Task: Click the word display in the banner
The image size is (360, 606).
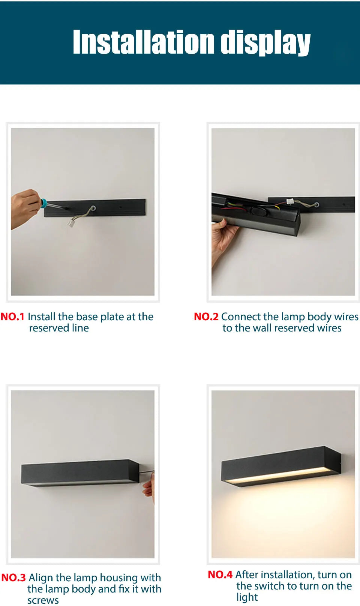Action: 265,43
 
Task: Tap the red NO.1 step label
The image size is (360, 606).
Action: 12,317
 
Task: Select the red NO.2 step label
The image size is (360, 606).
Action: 206,317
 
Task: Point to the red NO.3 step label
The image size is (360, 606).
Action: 13,577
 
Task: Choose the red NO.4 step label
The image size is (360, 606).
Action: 220,574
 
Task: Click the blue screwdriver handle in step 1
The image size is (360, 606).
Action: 43,202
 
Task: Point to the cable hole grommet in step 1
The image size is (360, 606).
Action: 93,208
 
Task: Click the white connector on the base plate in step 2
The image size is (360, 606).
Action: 290,201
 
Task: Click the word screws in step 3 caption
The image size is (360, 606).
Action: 43,600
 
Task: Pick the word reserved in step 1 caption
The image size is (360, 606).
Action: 49,328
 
